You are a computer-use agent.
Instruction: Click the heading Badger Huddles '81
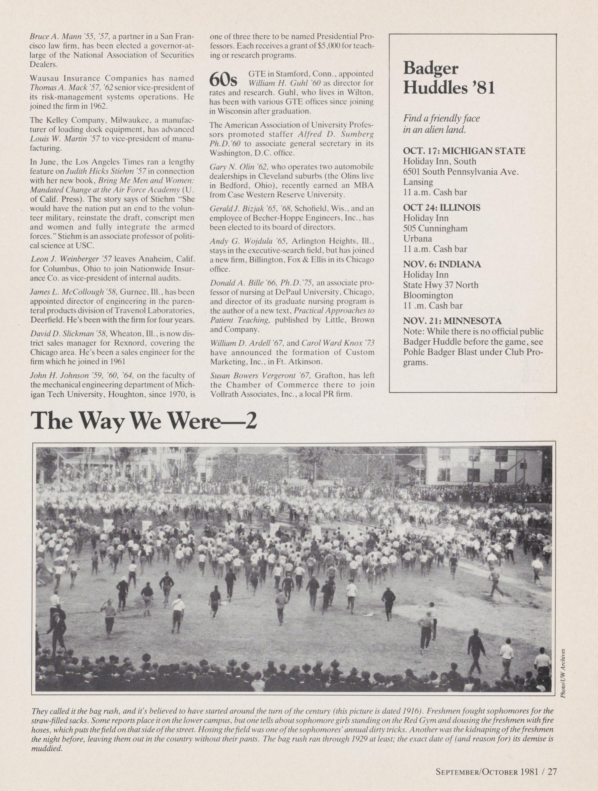(x=448, y=77)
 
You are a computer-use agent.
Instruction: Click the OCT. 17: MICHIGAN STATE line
(x=464, y=151)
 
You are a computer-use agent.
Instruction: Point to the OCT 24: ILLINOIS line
(x=441, y=208)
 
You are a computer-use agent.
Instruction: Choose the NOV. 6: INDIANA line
(x=442, y=264)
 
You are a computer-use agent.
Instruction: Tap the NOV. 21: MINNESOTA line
(x=452, y=321)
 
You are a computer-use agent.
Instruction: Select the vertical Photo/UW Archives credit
(x=563, y=668)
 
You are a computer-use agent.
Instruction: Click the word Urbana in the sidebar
(x=417, y=238)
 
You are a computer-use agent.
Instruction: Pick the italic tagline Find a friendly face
(x=441, y=118)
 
